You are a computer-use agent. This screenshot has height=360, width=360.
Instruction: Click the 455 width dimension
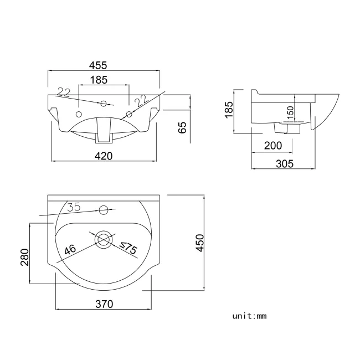pos(104,65)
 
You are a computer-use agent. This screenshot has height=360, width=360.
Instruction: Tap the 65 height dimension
pos(183,127)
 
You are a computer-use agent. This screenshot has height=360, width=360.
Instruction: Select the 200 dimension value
pos(273,146)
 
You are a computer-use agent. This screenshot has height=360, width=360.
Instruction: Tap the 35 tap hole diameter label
pos(74,207)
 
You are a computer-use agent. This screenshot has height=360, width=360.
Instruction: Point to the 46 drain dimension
pos(70,250)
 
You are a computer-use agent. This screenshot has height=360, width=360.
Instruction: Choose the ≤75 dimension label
pos(128,249)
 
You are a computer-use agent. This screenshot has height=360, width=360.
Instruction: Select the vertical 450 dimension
pos(200,242)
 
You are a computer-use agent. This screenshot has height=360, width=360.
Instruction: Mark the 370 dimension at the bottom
pos(104,304)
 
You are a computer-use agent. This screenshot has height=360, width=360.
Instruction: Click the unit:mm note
pos(250,316)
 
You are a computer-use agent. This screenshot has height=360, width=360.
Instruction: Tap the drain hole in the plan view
pos(103,240)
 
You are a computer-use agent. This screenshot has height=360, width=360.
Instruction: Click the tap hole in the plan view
pos(103,210)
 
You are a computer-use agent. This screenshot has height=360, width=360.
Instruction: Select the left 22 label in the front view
pos(64,91)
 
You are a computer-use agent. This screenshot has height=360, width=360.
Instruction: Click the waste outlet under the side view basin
pos(287,127)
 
